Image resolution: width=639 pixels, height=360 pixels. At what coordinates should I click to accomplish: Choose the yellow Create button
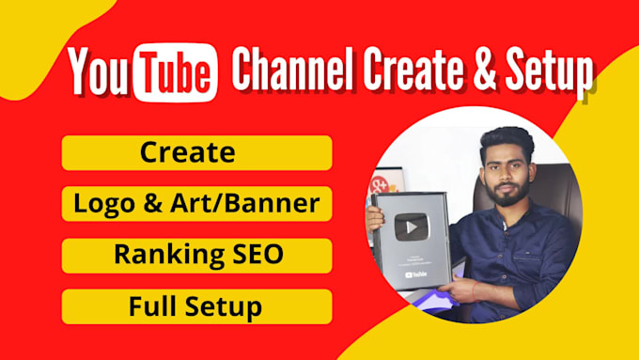pyautogui.click(x=196, y=152)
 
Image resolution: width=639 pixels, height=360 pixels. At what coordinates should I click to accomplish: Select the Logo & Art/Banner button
pyautogui.click(x=196, y=203)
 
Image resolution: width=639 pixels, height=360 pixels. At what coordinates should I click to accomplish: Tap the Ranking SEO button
pyautogui.click(x=196, y=255)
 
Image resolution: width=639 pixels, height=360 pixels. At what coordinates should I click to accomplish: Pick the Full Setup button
pyautogui.click(x=196, y=306)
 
